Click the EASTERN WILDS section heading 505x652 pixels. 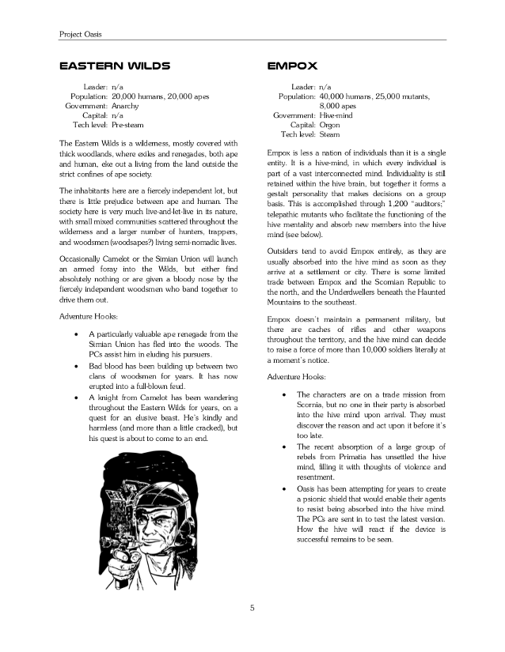pos(116,66)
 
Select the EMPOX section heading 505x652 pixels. pos(292,66)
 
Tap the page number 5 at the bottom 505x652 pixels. pos(252,607)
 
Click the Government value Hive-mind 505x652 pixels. pos(338,115)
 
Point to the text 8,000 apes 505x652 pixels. pos(337,104)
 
